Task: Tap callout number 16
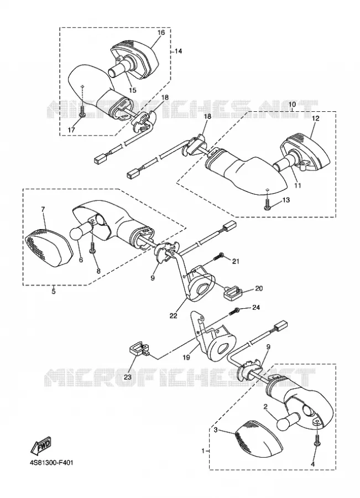point(160,33)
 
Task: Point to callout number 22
point(173,315)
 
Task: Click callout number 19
point(186,357)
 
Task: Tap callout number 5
point(53,290)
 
